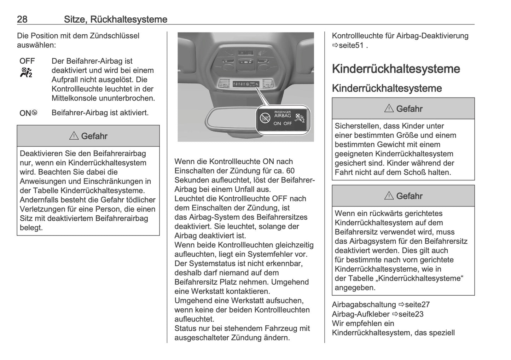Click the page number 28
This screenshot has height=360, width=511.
[22, 19]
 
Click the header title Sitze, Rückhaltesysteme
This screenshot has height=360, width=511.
[115, 19]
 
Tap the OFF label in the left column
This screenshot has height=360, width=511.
[27, 61]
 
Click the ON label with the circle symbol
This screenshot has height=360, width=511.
[28, 113]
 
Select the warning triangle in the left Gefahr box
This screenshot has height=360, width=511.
[74, 136]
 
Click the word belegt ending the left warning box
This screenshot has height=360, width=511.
[31, 228]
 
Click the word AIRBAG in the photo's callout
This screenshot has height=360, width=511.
[283, 116]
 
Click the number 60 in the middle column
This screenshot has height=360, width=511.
[290, 171]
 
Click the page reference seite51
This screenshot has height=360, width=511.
[351, 45]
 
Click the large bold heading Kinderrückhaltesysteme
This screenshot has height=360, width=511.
[396, 69]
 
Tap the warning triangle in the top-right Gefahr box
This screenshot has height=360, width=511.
[389, 109]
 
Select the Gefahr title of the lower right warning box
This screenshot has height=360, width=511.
[409, 196]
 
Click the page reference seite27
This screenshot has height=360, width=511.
[417, 304]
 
